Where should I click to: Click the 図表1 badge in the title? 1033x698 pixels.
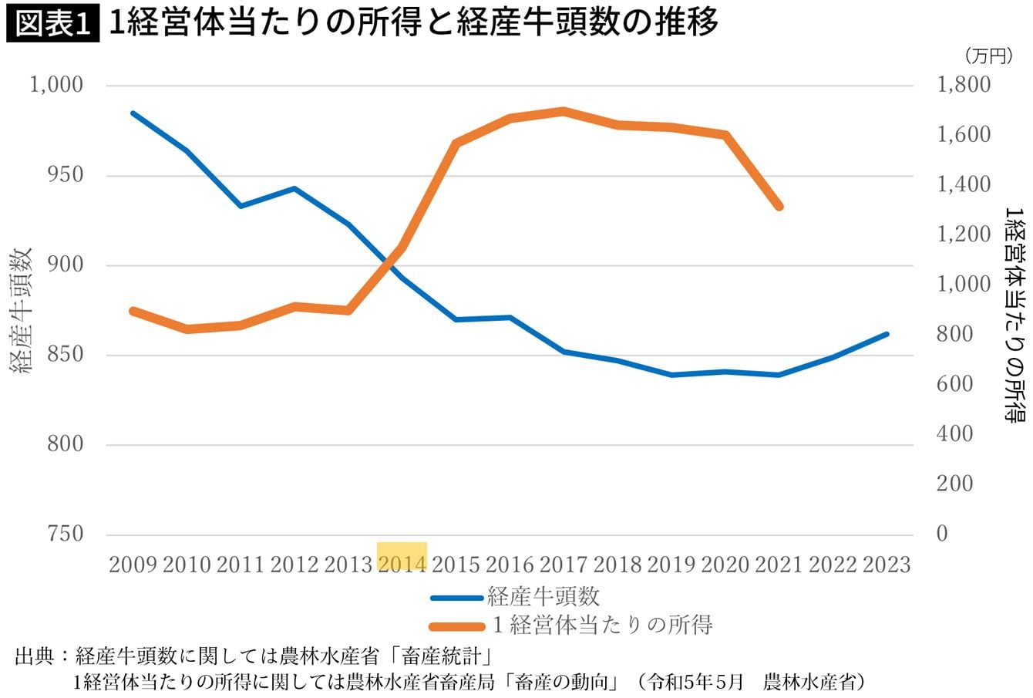pos(52,24)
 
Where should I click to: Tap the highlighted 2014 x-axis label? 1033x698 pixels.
pos(402,564)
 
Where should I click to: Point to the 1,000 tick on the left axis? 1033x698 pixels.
pos(56,85)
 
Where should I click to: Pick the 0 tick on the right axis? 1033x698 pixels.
pos(941,534)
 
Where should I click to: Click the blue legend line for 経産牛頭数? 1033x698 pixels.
pos(456,597)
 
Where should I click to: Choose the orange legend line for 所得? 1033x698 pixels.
pos(456,625)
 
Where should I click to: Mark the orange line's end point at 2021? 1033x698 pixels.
pos(779,207)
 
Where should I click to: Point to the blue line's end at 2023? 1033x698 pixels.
pos(887,334)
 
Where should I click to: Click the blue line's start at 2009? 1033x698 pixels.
pos(133,113)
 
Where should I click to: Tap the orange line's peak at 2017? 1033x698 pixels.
pos(564,111)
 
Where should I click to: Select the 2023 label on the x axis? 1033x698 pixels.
pos(887,564)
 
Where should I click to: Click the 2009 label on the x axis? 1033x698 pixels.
pos(133,564)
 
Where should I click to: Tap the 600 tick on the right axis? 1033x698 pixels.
pos(955,384)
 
